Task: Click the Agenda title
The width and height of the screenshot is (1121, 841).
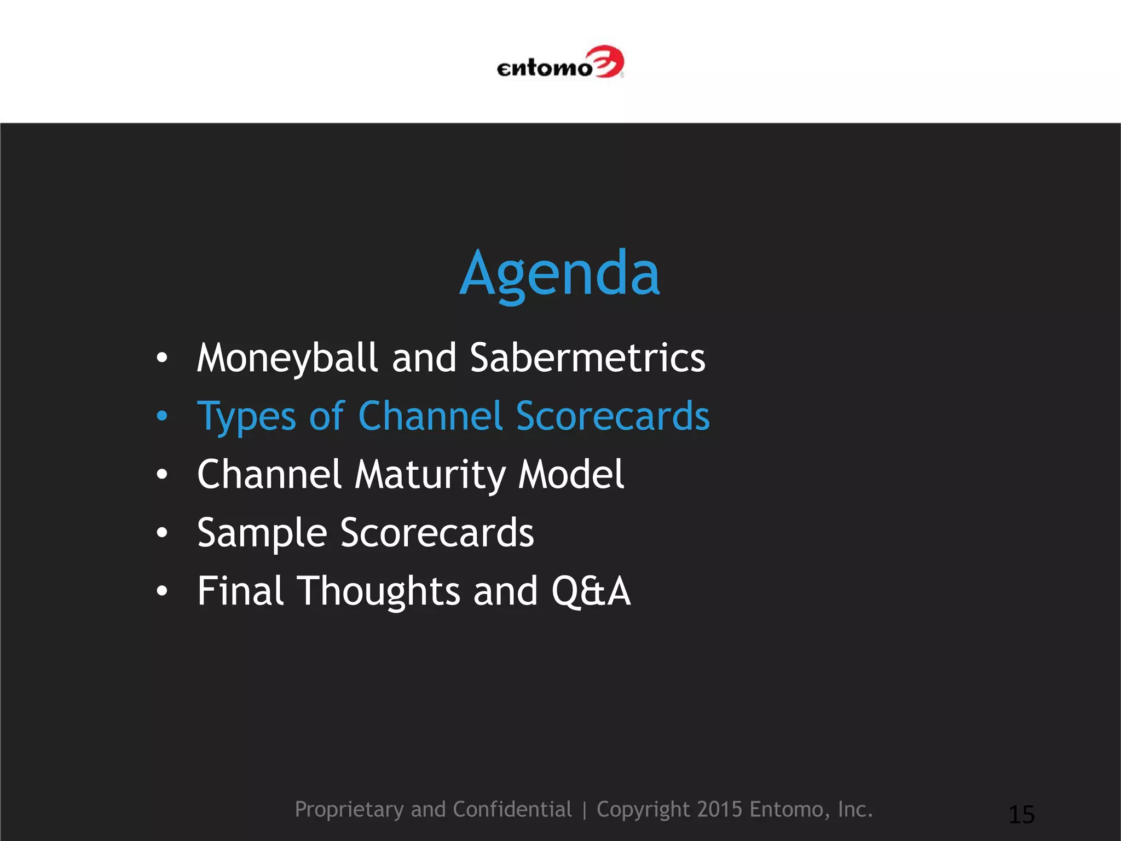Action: tap(559, 273)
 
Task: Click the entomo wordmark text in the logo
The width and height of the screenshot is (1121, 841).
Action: tap(545, 68)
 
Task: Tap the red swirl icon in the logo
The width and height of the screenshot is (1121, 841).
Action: tap(608, 61)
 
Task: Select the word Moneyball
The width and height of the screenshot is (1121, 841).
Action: tap(287, 359)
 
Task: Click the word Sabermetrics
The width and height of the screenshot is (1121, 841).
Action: tap(587, 358)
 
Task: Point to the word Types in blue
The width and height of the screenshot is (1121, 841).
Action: tap(246, 417)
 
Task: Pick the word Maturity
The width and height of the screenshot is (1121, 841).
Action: tap(430, 475)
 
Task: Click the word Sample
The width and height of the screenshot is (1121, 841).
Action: tap(262, 533)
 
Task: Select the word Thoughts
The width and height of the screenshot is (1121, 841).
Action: tap(378, 592)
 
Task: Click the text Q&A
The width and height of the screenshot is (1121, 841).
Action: tap(591, 591)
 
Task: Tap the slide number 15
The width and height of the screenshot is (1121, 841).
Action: tap(1021, 815)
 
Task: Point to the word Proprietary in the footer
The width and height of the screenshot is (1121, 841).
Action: tap(349, 810)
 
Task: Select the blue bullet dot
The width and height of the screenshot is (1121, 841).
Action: tap(161, 416)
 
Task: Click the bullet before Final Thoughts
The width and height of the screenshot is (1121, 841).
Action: tap(161, 591)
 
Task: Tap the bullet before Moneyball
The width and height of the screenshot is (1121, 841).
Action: tap(161, 358)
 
